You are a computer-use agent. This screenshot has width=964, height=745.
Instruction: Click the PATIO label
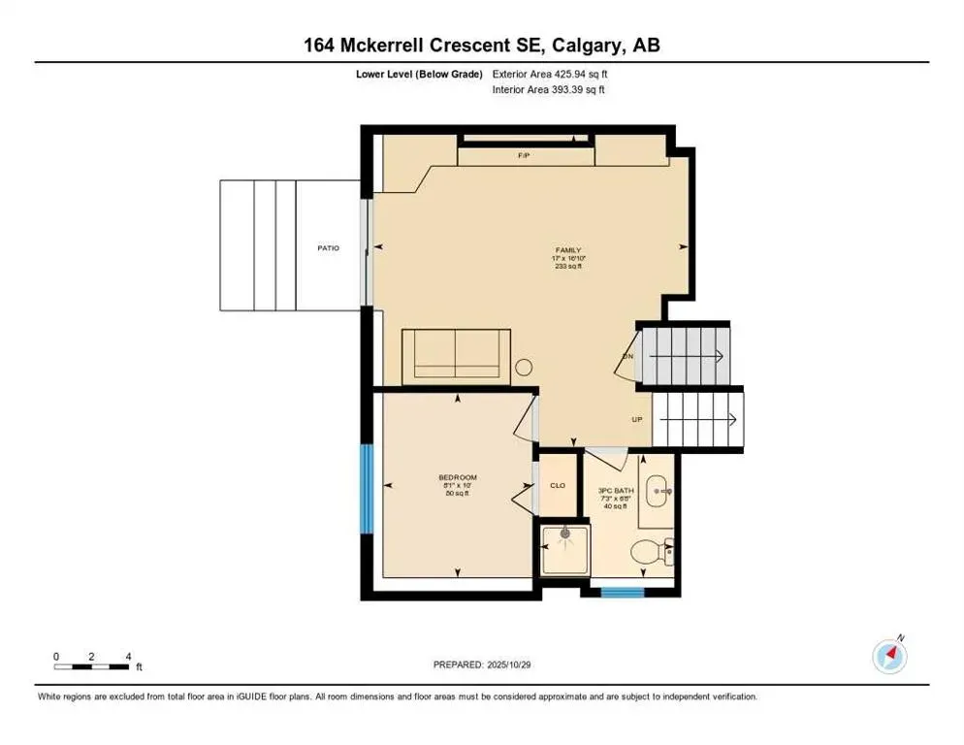[x=328, y=248]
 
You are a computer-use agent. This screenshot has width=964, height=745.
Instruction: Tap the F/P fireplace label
[x=524, y=155]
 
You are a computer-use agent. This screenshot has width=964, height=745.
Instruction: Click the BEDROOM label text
[x=458, y=477]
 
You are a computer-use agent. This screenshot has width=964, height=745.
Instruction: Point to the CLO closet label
[x=558, y=485]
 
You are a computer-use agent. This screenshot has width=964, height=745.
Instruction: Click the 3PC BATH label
[x=616, y=491]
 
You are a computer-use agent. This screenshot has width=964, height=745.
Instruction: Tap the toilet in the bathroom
[x=648, y=553]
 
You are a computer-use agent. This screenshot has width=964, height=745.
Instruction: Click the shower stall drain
[x=564, y=533]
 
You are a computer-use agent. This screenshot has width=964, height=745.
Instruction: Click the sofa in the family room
[x=457, y=354]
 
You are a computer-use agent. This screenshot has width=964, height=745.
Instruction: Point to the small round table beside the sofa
[x=524, y=368]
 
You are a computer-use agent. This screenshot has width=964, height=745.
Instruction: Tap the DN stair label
[x=627, y=356]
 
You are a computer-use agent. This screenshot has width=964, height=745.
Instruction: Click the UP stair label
[x=637, y=420]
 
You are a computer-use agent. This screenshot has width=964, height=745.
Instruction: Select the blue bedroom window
[x=367, y=488]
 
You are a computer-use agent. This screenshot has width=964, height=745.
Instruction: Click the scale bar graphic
[x=91, y=665]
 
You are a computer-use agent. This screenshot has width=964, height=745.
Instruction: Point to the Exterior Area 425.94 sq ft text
[x=550, y=74]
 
